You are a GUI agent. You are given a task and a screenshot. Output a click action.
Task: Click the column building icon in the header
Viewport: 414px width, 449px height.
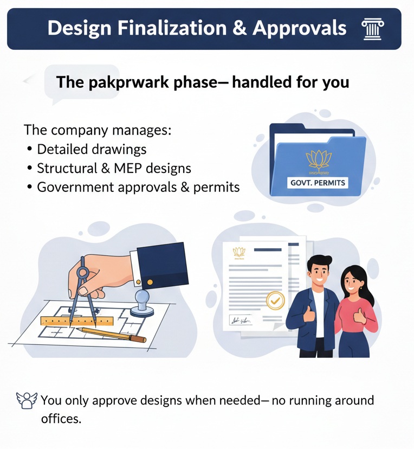click(x=372, y=28)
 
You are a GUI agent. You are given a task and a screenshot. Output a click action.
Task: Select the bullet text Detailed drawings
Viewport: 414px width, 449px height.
click(x=92, y=149)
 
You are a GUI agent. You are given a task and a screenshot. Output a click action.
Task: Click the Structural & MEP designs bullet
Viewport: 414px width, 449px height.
click(x=114, y=168)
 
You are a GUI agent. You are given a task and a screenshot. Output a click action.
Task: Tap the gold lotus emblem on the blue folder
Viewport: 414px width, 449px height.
click(x=319, y=159)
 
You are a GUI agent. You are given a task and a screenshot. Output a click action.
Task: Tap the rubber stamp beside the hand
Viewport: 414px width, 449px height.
click(x=143, y=302)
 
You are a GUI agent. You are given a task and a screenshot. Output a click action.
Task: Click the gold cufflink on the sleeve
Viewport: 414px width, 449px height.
click(x=150, y=282)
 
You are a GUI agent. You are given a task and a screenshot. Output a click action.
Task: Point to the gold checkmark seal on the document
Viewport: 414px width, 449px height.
click(x=275, y=299)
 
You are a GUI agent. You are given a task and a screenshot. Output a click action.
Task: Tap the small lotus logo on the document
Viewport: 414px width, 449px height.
click(x=238, y=252)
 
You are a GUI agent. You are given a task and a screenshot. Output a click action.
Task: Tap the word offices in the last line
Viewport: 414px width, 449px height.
click(x=61, y=419)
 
